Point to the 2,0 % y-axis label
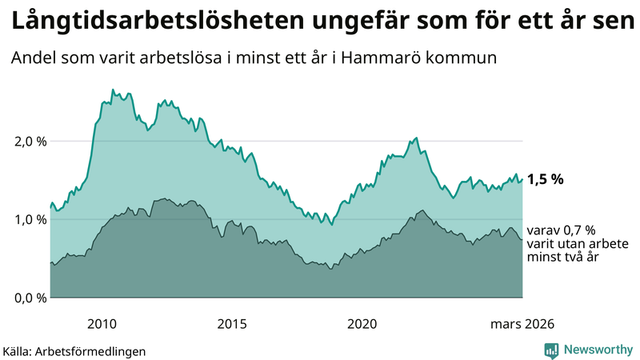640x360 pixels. (31, 142)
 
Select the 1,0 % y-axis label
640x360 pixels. (31, 219)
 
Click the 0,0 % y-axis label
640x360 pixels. (31, 298)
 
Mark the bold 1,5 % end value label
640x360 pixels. (545, 179)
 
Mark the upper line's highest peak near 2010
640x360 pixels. (112, 90)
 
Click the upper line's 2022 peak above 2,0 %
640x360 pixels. (416, 138)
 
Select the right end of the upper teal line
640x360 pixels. (522, 179)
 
